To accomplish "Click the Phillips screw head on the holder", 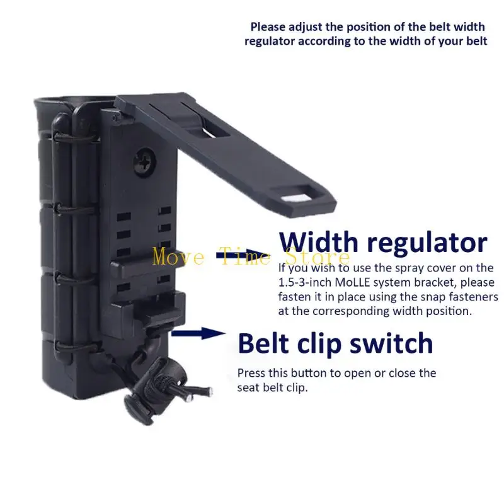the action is pyautogui.click(x=145, y=162).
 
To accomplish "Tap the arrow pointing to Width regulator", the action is pyautogui.click(x=244, y=255).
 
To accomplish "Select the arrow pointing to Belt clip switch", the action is pyautogui.click(x=198, y=333).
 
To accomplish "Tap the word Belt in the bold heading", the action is pyautogui.click(x=263, y=343).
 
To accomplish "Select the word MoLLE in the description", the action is pyautogui.click(x=353, y=282).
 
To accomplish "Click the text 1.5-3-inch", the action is pyautogui.click(x=305, y=282).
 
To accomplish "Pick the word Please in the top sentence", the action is pyautogui.click(x=268, y=27).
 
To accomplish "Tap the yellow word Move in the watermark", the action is pyautogui.click(x=178, y=257).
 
